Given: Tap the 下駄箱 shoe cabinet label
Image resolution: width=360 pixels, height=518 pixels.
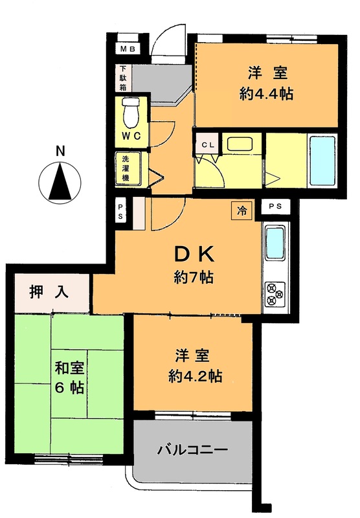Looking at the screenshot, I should pos(122,78).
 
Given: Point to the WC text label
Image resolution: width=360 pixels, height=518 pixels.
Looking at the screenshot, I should pos(131,136).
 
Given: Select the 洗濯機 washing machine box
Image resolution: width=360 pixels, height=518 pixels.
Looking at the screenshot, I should pos(124,166).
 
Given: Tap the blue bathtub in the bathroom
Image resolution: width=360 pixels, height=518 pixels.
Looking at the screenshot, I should pos(320,159).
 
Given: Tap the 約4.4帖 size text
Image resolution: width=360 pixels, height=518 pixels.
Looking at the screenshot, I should pos(267,93).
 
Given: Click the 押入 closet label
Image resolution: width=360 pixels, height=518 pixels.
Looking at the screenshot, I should pos(49,293).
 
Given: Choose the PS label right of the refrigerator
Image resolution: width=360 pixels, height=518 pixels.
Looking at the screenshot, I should pos(276,207).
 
